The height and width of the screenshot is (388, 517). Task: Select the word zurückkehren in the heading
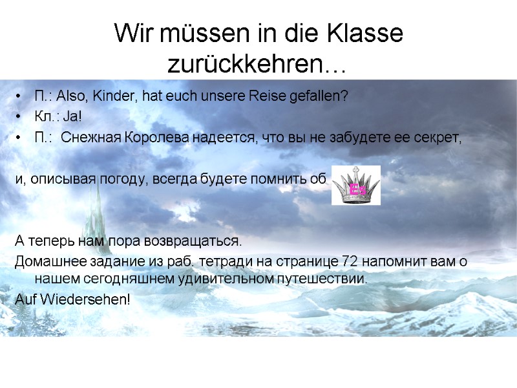point(245,64)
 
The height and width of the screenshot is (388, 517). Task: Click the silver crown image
point(355,186)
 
